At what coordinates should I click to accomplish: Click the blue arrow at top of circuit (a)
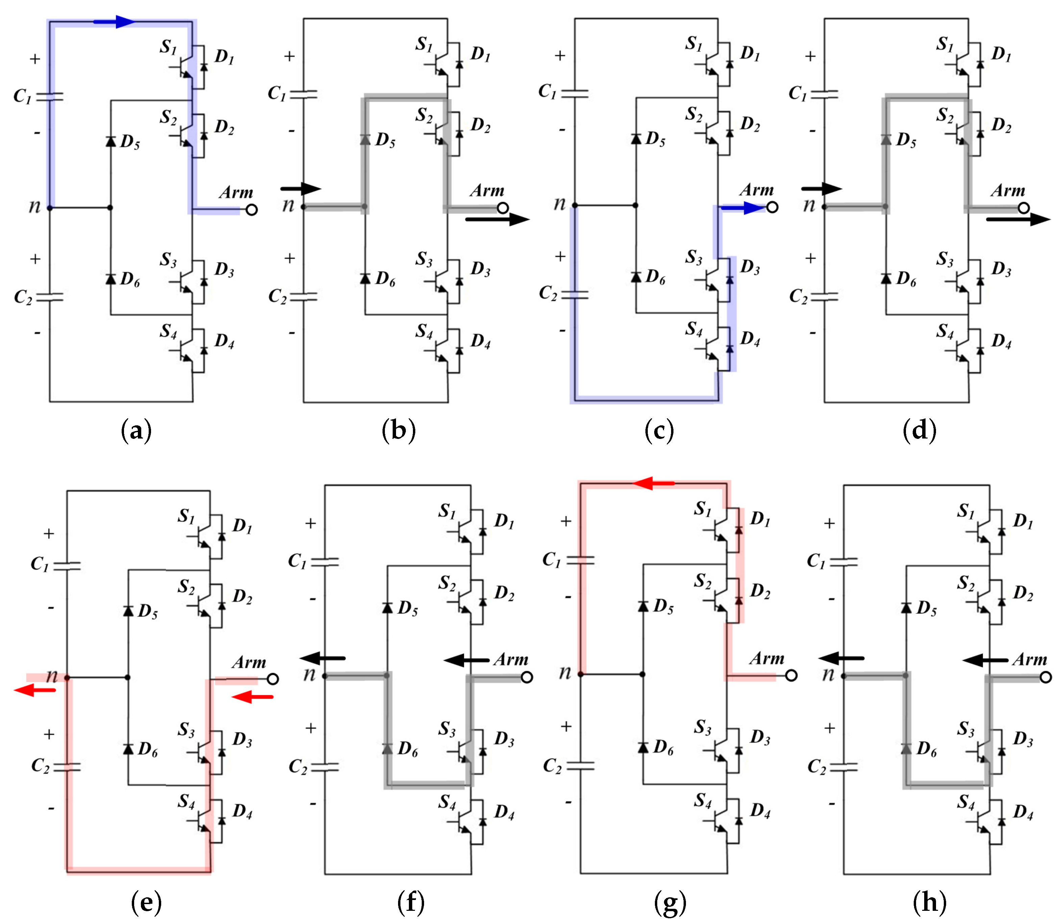(x=115, y=22)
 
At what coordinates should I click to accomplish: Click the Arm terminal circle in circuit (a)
(x=252, y=210)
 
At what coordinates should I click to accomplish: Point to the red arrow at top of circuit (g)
(x=653, y=483)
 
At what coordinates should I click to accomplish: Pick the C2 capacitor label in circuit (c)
(x=547, y=293)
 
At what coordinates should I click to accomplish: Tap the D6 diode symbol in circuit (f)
(x=387, y=748)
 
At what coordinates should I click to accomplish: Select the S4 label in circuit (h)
(x=966, y=802)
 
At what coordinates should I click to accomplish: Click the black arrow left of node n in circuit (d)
(x=821, y=189)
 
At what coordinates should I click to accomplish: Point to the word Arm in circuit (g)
(x=767, y=658)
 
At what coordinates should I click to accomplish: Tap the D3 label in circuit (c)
(x=750, y=267)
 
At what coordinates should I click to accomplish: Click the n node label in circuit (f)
(x=309, y=673)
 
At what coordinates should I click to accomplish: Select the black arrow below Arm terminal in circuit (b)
(x=497, y=220)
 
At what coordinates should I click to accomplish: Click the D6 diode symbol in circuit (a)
(x=110, y=279)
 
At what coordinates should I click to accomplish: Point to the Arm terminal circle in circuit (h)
(x=1045, y=677)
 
